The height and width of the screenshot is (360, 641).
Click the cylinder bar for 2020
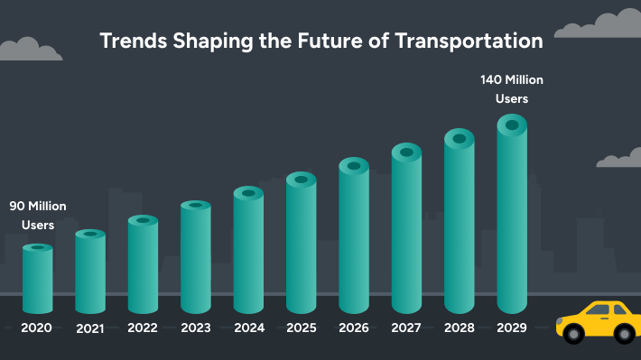tap(37, 280)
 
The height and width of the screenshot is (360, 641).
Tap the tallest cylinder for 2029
tap(512, 217)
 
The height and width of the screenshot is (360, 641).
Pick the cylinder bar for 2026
tap(354, 239)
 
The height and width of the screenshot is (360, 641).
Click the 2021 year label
tap(90, 328)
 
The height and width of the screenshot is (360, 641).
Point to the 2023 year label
tap(196, 328)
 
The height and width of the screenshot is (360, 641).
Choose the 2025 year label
tap(302, 328)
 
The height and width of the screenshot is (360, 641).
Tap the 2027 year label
tap(406, 328)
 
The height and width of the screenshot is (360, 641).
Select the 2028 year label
tap(459, 328)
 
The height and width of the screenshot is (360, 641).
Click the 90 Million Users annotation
tap(38, 216)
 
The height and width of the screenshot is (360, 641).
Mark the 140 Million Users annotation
tap(512, 88)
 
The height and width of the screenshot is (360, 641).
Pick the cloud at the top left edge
tap(27, 50)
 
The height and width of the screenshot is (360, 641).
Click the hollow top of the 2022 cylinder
tap(143, 220)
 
